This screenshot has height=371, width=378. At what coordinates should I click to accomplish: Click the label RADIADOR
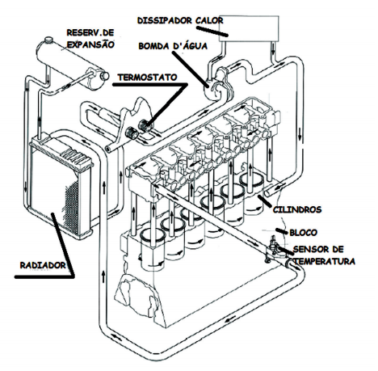point(43,265)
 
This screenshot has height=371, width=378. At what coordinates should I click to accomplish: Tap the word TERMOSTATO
point(147,78)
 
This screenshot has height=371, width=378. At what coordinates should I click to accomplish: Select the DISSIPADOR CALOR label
point(180,20)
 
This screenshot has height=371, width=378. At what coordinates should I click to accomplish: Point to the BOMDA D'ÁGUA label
point(173,46)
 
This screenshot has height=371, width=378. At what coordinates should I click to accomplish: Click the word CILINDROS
point(297,209)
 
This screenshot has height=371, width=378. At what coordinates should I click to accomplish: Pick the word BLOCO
point(303,233)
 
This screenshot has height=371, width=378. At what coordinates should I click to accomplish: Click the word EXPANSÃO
point(90,44)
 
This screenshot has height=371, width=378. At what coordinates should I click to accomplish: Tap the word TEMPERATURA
point(325,261)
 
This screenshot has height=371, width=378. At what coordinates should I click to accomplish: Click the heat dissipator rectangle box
point(249,28)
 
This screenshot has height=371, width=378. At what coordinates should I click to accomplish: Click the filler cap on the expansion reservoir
point(49,40)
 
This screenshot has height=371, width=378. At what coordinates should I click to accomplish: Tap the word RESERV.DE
point(90,32)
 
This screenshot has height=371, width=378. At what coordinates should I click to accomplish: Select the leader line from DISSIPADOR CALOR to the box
point(212,31)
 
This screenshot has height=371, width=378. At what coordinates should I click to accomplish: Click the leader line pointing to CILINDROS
point(264,200)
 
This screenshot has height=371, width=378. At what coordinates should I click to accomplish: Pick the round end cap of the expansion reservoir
point(104,76)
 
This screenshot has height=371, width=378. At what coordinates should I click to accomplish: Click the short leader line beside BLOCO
point(281,231)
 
